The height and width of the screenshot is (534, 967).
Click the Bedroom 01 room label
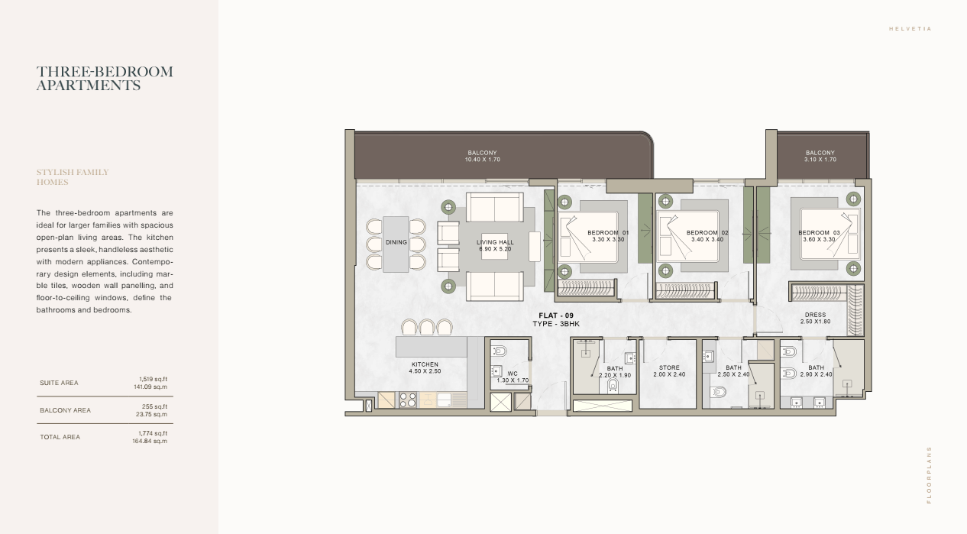(608, 233)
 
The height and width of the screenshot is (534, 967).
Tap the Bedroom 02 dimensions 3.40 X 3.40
(707, 240)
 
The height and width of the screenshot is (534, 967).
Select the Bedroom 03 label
(819, 233)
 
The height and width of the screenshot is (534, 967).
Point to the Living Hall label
(495, 242)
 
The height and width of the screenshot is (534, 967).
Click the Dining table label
(396, 242)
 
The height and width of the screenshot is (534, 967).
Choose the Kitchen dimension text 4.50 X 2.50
(425, 371)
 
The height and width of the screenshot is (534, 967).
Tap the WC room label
(513, 374)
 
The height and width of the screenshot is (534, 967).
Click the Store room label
(669, 367)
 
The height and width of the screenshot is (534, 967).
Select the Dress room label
(815, 315)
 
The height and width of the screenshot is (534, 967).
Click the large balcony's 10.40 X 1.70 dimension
(482, 160)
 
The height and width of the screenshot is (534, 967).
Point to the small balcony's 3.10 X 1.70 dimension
(820, 160)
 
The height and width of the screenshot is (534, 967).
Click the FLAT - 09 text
(556, 316)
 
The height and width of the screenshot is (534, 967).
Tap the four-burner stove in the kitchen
(408, 400)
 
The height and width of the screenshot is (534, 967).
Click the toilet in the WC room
(499, 351)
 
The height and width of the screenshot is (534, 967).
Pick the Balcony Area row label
(65, 410)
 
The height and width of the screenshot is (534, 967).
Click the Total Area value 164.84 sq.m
(150, 442)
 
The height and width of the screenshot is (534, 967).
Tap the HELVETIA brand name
(910, 29)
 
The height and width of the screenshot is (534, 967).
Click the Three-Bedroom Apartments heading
(105, 78)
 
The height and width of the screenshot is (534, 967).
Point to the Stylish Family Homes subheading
(73, 177)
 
